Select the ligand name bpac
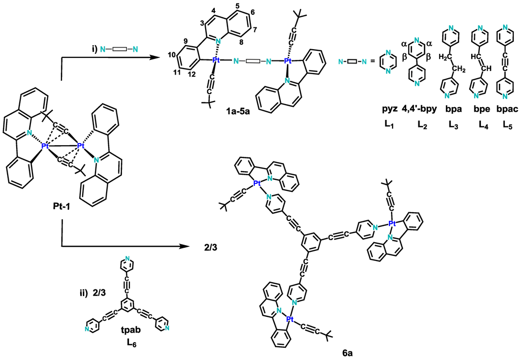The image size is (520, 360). click(504, 110)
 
